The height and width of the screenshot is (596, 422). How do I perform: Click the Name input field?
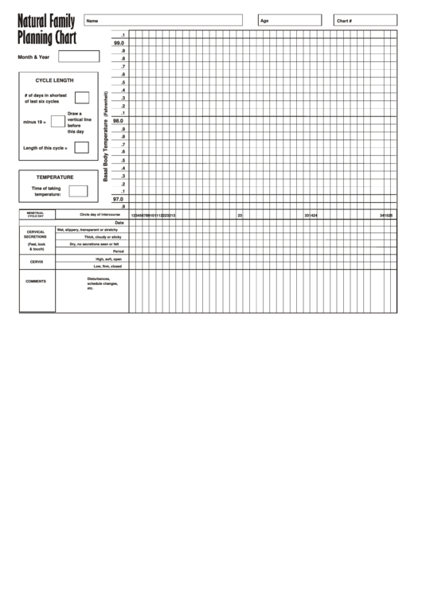163,20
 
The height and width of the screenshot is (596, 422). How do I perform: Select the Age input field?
291,20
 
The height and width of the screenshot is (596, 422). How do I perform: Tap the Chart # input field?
365,20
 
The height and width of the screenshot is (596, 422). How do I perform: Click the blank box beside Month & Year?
79,56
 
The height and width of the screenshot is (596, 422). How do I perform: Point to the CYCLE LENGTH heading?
54,80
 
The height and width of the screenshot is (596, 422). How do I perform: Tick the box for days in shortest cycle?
81,98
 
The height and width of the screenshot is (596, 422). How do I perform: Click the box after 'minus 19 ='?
57,122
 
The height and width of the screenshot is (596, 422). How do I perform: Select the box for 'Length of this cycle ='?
81,147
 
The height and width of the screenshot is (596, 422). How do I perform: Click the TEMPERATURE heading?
55,177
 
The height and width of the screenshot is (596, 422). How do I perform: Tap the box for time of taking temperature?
78,191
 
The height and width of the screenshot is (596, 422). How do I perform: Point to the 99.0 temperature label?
119,43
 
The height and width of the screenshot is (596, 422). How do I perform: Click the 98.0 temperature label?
118,121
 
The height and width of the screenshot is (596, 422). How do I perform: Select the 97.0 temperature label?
118,199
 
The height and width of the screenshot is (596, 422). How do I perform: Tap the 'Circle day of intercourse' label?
100,215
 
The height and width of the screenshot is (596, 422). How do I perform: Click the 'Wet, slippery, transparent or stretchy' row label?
88,230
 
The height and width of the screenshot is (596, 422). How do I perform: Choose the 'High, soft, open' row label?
108,259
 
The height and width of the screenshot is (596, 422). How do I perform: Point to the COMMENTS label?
36,281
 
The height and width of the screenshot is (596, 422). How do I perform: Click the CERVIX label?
37,262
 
